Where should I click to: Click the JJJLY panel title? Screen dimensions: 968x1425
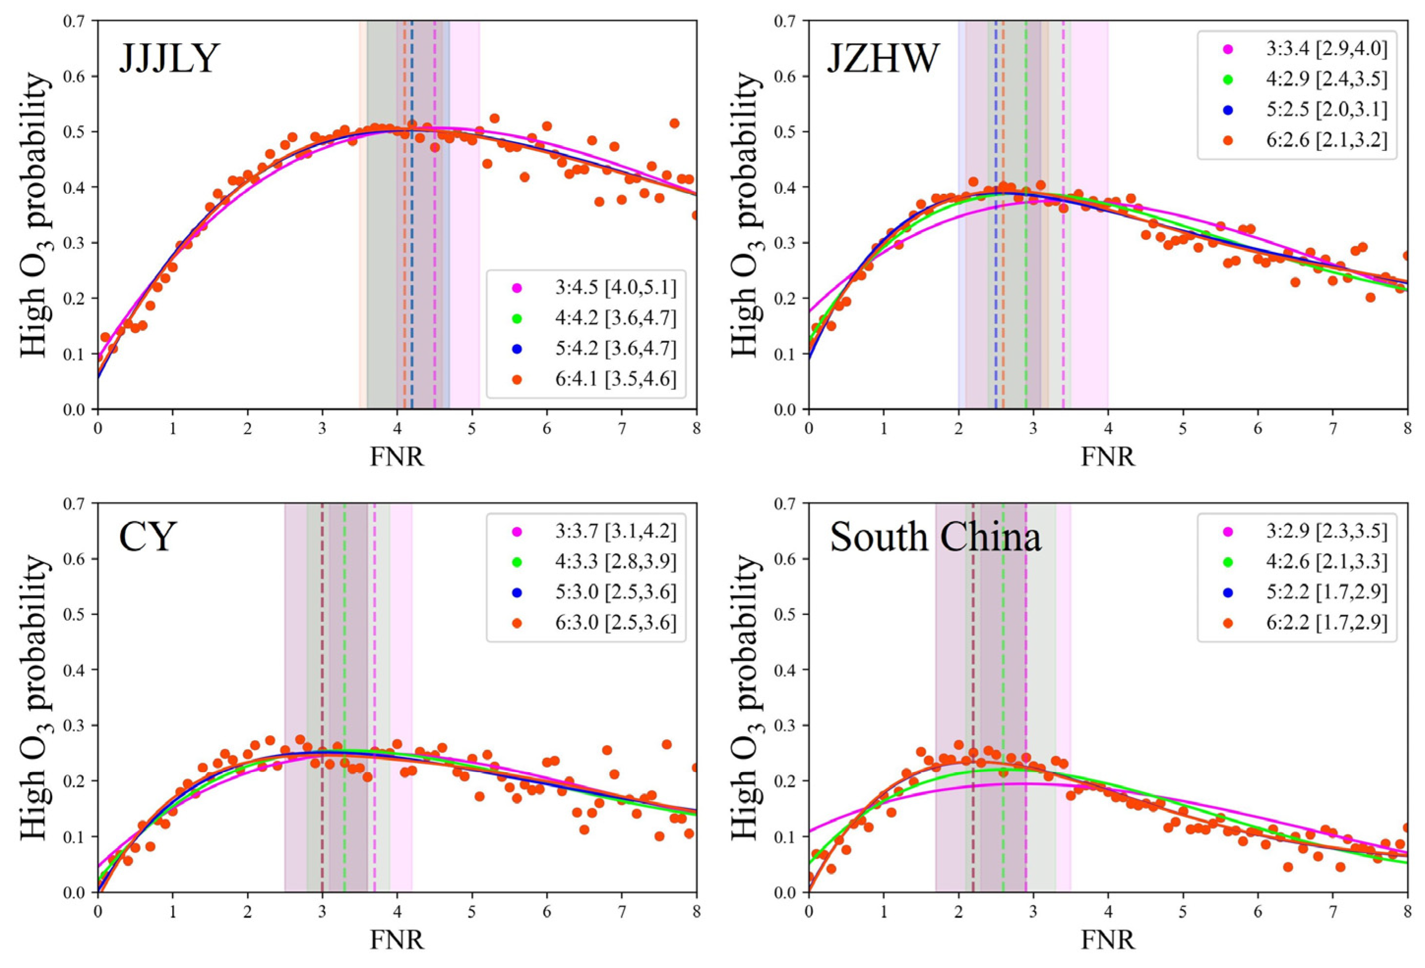pyautogui.click(x=169, y=60)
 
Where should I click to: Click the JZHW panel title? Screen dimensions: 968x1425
pyautogui.click(x=883, y=60)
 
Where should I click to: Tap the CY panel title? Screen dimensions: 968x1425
pyautogui.click(x=148, y=538)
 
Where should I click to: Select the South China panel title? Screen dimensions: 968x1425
pyautogui.click(x=935, y=538)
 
